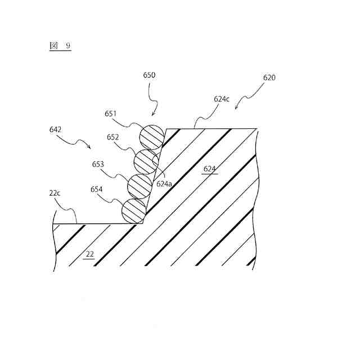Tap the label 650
point(149,75)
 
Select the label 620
point(269,78)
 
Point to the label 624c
point(222,99)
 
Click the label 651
point(111,114)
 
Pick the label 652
point(113,137)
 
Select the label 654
point(96,189)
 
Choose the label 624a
point(164,183)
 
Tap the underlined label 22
point(89,254)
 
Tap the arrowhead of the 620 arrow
point(236,109)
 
